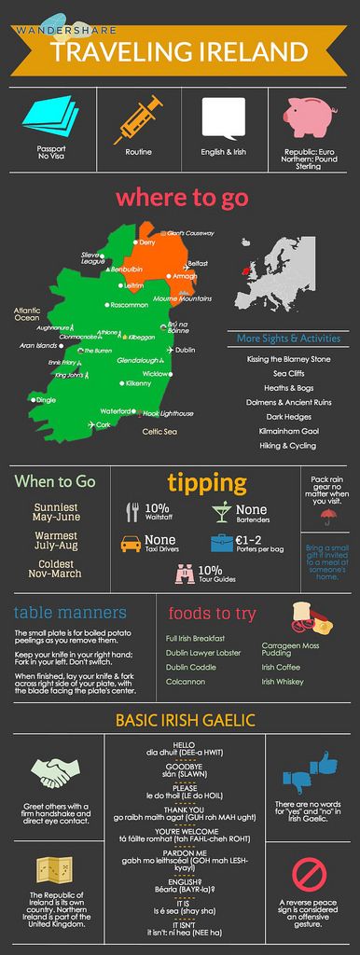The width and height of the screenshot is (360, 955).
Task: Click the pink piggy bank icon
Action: (x=310, y=118)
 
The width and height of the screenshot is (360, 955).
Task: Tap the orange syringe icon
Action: (x=138, y=120)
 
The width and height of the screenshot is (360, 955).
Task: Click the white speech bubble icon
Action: (x=224, y=118)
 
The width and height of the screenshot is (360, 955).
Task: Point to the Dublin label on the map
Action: (x=185, y=350)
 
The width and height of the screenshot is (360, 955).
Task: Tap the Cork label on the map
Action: (x=103, y=424)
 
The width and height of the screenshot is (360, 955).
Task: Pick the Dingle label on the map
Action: (x=45, y=400)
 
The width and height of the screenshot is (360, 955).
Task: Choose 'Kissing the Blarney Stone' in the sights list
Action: (x=288, y=358)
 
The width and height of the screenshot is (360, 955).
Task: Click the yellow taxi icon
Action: (x=131, y=543)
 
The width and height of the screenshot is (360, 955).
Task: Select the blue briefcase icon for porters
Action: (x=221, y=543)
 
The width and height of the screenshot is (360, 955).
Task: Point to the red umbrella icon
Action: (x=327, y=514)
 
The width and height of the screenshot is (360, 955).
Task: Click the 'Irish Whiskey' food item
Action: (x=283, y=682)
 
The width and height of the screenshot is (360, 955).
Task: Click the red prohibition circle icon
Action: (x=309, y=874)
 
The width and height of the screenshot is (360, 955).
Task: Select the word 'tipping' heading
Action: (x=207, y=482)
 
